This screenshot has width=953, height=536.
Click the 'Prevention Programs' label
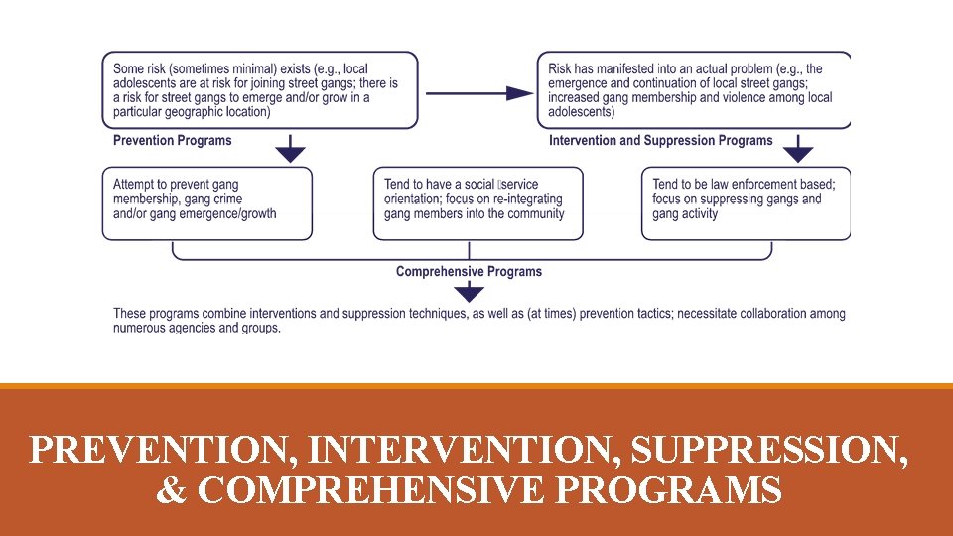(x=172, y=141)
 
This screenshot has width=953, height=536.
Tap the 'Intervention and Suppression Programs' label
(x=660, y=141)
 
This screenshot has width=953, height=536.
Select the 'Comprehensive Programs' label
(x=469, y=272)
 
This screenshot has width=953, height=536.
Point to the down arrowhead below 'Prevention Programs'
(x=290, y=154)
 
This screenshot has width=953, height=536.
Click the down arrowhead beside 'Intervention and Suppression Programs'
(x=798, y=154)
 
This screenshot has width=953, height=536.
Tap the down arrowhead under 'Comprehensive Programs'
(x=469, y=293)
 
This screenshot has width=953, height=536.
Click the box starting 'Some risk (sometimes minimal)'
(x=260, y=90)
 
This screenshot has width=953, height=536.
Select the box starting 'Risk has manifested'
(x=693, y=90)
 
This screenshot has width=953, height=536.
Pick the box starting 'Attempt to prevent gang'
(x=206, y=202)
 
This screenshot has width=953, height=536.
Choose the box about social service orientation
(x=477, y=202)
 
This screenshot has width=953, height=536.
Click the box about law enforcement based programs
(x=746, y=202)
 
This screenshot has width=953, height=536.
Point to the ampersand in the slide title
(x=170, y=490)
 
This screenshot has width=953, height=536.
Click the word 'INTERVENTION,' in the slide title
(x=465, y=452)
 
